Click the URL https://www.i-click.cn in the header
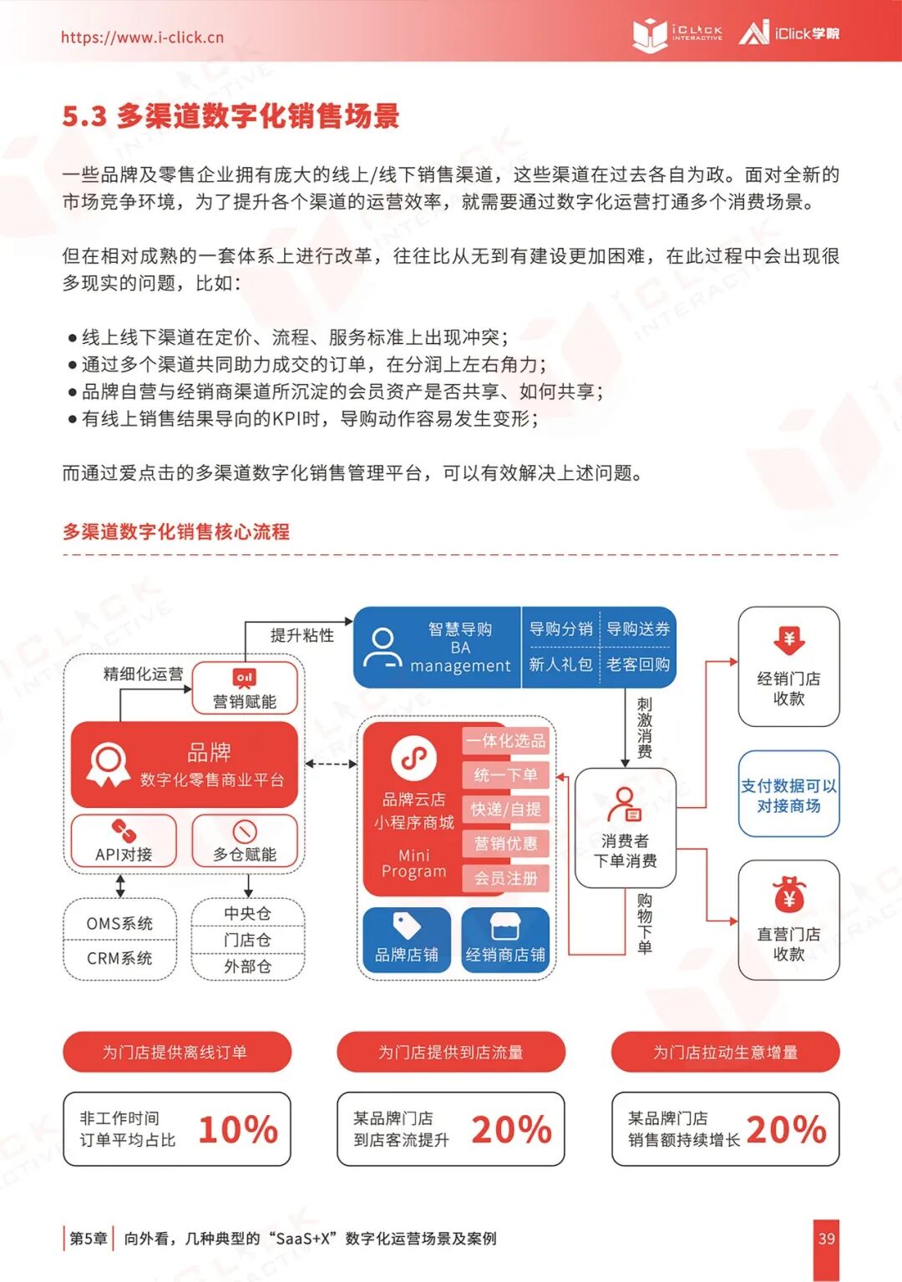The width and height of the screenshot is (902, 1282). pyautogui.click(x=142, y=38)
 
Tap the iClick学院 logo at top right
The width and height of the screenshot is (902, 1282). pyautogui.click(x=789, y=33)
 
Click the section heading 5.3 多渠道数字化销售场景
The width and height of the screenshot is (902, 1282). pyautogui.click(x=231, y=116)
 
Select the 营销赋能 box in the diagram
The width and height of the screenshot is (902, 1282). pyautogui.click(x=245, y=689)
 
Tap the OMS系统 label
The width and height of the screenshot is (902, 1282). pyautogui.click(x=119, y=923)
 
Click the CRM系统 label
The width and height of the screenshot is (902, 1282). pyautogui.click(x=119, y=958)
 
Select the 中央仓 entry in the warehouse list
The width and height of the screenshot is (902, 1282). pyautogui.click(x=247, y=913)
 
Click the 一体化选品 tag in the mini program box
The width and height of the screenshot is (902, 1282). pyautogui.click(x=505, y=740)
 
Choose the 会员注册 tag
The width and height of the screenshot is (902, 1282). pyautogui.click(x=505, y=878)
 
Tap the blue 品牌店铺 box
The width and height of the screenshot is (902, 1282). pyautogui.click(x=407, y=940)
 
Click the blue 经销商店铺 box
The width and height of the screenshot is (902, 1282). pyautogui.click(x=505, y=940)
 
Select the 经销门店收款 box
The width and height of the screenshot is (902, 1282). pyautogui.click(x=788, y=667)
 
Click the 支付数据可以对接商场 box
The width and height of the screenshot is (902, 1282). pyautogui.click(x=788, y=795)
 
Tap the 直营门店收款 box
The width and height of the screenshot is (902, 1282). pyautogui.click(x=788, y=920)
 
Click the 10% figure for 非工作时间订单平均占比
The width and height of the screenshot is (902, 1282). pyautogui.click(x=238, y=1129)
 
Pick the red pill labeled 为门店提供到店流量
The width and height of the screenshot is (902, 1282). pyautogui.click(x=451, y=1052)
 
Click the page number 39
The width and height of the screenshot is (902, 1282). pyautogui.click(x=826, y=1239)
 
